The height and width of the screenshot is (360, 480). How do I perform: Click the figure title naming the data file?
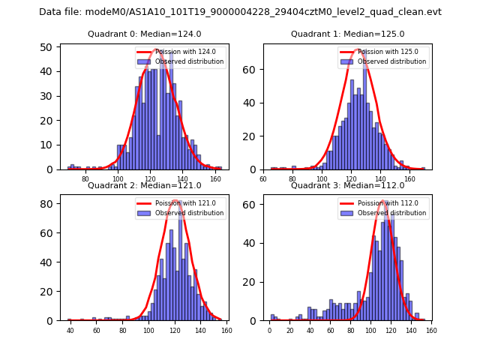[240, 12]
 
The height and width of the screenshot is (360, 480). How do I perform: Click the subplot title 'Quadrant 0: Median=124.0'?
[145, 34]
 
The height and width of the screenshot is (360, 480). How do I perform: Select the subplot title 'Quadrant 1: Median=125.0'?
[347, 34]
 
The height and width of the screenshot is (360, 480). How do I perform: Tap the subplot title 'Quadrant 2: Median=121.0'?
[145, 185]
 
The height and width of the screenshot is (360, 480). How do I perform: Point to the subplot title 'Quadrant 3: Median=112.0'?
[347, 185]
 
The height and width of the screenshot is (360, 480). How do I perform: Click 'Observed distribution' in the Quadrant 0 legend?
[190, 61]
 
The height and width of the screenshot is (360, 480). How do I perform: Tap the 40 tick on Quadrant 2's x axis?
[70, 331]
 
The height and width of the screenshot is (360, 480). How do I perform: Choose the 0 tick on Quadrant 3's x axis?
[270, 331]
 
